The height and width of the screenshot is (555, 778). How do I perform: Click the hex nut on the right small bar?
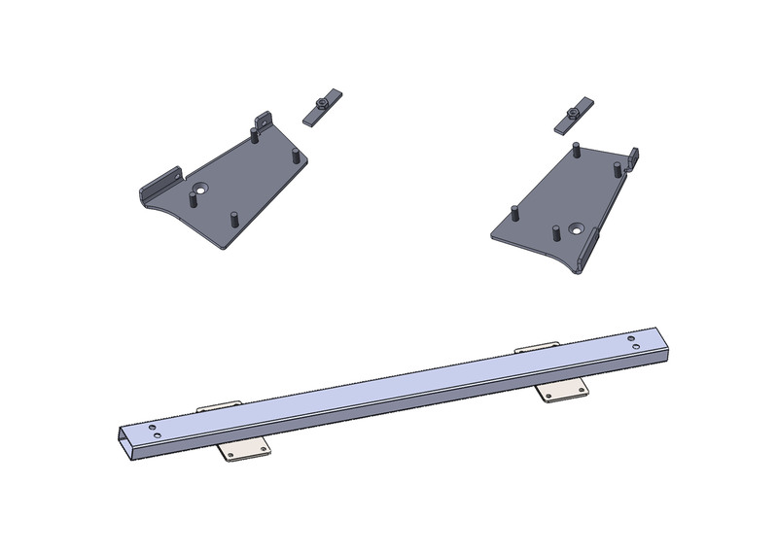tap(574, 115)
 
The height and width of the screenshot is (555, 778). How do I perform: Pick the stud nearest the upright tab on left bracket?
tap(254, 135)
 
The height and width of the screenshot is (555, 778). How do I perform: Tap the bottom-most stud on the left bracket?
tap(233, 218)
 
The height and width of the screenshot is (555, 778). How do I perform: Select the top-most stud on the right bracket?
tap(576, 151)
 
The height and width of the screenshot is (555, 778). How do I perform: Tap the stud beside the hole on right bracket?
tap(555, 233)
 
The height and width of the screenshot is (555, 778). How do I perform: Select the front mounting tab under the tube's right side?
tap(565, 391)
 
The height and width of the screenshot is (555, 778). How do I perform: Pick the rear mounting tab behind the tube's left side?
tap(218, 405)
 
